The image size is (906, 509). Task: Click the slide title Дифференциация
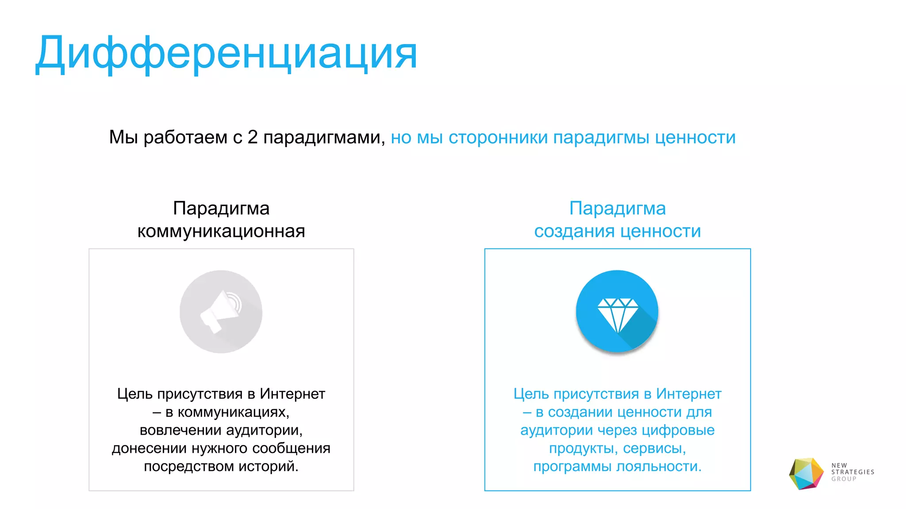pyautogui.click(x=226, y=53)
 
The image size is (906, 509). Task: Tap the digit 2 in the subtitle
pyautogui.click(x=253, y=137)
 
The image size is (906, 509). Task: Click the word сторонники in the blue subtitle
pyautogui.click(x=498, y=137)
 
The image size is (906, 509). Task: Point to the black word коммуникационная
pyautogui.click(x=221, y=231)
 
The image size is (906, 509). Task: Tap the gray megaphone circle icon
pyautogui.click(x=221, y=311)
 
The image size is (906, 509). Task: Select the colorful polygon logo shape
pyautogui.click(x=806, y=474)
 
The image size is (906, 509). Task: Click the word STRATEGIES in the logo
pyautogui.click(x=852, y=472)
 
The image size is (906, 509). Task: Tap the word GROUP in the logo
pyautogui.click(x=844, y=479)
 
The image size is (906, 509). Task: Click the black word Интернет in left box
pyautogui.click(x=292, y=394)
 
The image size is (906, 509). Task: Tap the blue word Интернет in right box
pyautogui.click(x=689, y=394)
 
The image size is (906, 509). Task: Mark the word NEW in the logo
pyautogui.click(x=839, y=465)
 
